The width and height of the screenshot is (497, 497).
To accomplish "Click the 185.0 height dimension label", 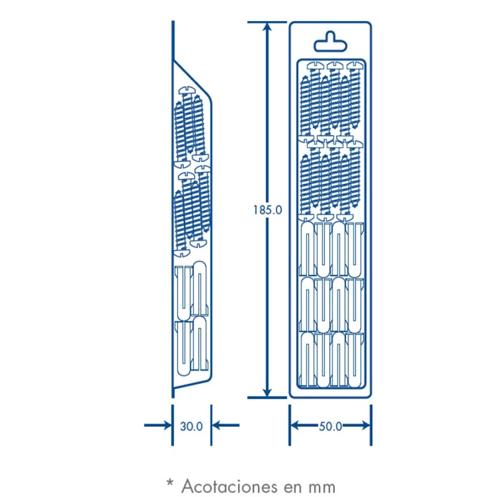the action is (268, 210).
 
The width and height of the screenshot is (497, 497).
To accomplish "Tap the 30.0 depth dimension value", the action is (191, 426).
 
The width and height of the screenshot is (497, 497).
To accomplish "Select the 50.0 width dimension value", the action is (331, 426).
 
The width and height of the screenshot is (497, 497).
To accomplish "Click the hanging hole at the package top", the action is (331, 42).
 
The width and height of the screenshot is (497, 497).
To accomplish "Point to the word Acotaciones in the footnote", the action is (226, 486).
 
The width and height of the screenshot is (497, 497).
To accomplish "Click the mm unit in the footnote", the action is (321, 488).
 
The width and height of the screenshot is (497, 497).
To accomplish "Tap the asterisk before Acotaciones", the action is (170, 483).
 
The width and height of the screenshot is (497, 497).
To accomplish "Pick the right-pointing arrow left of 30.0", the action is (158, 425).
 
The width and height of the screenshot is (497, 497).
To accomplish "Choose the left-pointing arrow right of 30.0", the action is (226, 425).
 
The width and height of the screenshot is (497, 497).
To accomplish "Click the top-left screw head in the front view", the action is (316, 66).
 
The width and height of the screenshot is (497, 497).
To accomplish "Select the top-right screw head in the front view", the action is (355, 66).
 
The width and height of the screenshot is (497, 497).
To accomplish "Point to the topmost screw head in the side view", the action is (187, 91).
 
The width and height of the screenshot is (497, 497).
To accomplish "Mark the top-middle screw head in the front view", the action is (335, 66).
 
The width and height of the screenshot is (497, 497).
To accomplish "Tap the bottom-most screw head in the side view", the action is (182, 253).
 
